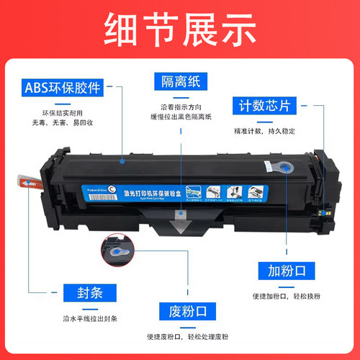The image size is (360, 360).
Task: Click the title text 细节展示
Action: pyautogui.click(x=180, y=30)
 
